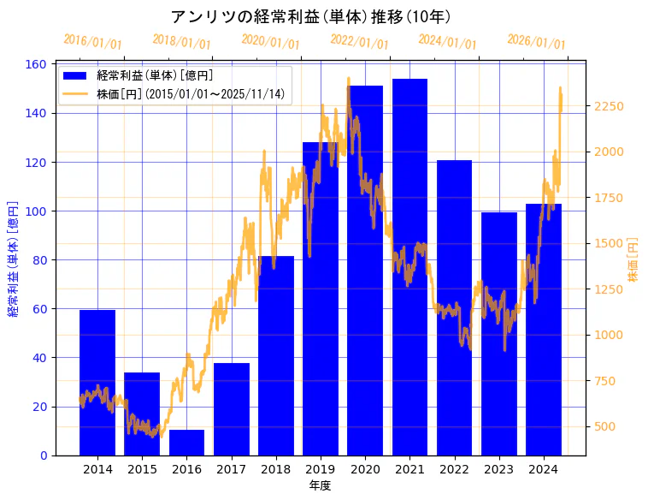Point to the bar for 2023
tap(499, 334)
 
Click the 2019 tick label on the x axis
tap(320, 469)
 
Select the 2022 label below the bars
tap(454, 469)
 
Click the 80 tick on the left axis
tap(39, 260)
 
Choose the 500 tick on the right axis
tap(605, 426)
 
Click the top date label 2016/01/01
tap(93, 42)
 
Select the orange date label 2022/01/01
tap(359, 42)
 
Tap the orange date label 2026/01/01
tap(536, 42)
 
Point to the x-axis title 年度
tap(320, 485)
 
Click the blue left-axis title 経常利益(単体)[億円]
tap(13, 259)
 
